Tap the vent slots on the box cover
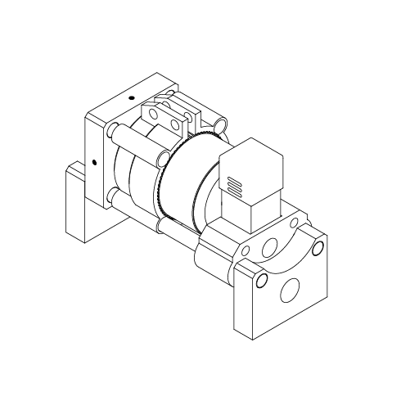[235, 187]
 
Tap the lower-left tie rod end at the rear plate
[111, 195]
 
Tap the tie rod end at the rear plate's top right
[221, 124]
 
